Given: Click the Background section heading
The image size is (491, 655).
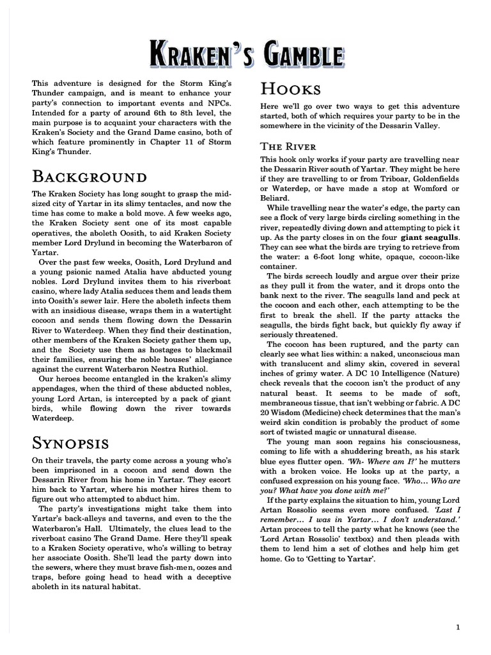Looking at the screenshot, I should (x=90, y=177).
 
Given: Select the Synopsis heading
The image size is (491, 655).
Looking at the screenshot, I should (x=70, y=443).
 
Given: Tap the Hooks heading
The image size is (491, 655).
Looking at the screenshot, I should (x=290, y=89).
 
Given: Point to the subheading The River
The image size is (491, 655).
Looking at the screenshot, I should (x=289, y=146).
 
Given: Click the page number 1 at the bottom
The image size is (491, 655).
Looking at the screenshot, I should (x=458, y=627).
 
